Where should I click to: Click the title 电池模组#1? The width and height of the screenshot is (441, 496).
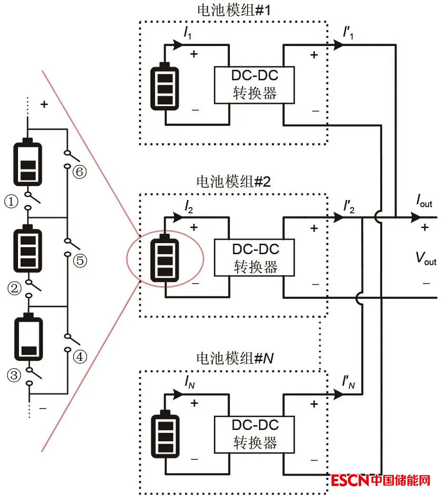(x=233, y=10)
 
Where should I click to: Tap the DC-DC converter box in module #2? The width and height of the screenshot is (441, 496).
(x=255, y=258)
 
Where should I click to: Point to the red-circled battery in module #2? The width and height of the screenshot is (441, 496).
(x=165, y=259)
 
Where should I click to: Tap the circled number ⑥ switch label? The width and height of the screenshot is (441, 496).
(x=79, y=172)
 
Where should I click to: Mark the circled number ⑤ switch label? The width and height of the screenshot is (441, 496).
(x=79, y=261)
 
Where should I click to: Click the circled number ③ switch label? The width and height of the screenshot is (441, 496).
(x=14, y=376)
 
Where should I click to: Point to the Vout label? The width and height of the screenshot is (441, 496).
(x=426, y=259)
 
